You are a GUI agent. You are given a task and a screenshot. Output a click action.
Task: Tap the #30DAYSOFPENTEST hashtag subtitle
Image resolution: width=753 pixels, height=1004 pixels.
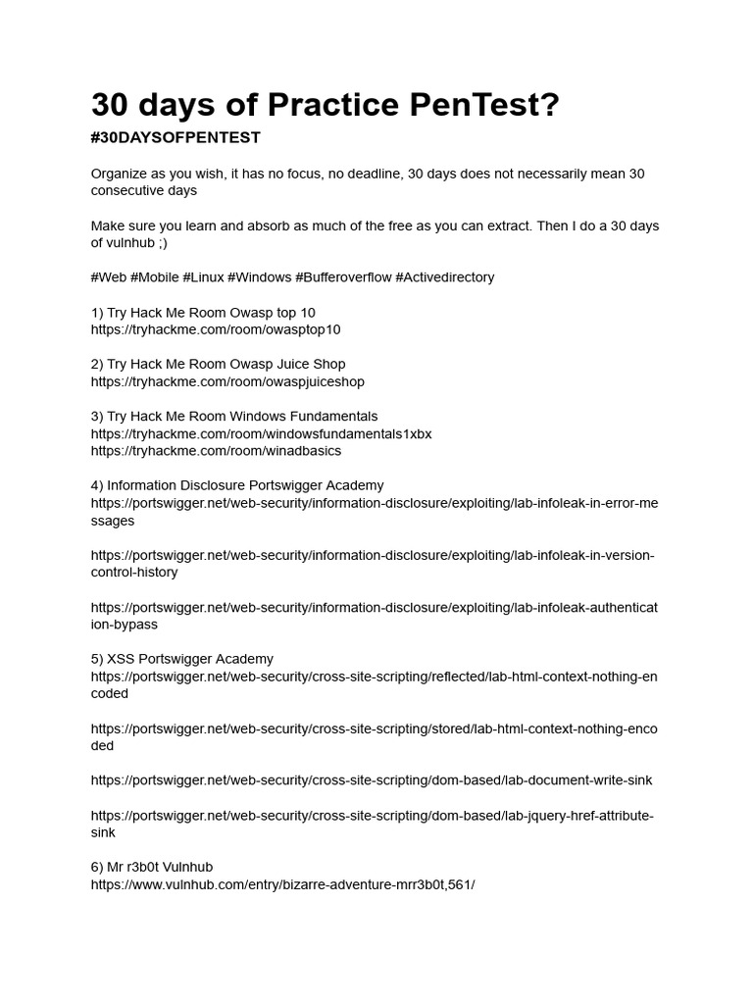(176, 138)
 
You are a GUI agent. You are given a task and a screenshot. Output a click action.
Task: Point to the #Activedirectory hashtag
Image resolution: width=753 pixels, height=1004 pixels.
(445, 277)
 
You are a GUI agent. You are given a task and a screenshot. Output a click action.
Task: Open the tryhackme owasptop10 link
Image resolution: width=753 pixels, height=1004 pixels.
(216, 330)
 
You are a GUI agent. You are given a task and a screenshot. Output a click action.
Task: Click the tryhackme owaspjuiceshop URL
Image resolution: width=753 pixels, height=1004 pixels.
(227, 382)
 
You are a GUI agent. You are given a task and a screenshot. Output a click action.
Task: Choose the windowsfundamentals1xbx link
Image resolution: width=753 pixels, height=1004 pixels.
(261, 434)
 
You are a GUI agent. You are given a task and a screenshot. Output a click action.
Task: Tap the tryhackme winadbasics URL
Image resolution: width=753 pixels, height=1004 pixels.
(216, 451)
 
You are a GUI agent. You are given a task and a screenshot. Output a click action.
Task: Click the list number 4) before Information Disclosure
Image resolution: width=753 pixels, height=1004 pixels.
(97, 485)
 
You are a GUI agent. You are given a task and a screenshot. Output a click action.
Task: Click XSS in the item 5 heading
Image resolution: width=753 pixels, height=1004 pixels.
(121, 659)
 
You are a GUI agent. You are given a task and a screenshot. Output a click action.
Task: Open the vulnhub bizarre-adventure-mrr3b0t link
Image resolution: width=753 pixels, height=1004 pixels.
(282, 884)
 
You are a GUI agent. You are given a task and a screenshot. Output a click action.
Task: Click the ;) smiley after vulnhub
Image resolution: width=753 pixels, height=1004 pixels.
(161, 243)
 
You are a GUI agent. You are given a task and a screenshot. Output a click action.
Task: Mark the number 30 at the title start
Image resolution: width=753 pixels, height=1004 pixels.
(114, 105)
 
